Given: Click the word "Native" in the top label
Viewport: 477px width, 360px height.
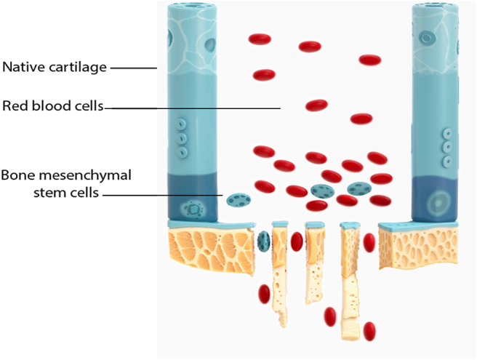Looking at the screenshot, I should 21,68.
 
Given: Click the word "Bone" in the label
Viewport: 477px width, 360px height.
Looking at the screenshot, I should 18,177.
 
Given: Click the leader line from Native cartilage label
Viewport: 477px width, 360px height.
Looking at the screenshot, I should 134,68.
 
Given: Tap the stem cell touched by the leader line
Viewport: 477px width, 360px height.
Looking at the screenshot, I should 236,199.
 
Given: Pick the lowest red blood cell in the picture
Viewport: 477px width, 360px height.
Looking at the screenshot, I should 370,331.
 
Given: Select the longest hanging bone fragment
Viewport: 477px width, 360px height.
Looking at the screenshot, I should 350,284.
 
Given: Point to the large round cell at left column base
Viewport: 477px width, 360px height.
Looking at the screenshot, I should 194,209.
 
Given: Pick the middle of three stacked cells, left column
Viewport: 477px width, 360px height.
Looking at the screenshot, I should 183,138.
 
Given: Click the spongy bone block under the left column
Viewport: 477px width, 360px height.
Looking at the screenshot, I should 211,248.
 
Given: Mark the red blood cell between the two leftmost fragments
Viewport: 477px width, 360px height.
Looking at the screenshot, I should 297,241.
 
